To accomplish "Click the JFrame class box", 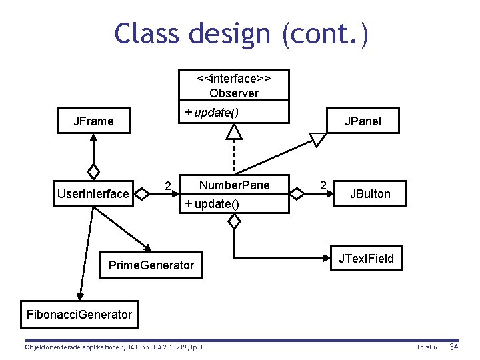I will coord(94,121).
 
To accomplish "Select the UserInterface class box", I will coord(93,194).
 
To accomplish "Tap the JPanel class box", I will coord(362,121).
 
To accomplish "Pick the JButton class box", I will coord(370,194).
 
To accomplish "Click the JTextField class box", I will coord(366,259).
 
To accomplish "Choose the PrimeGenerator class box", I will coord(151,265).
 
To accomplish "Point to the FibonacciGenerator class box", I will coord(79,314).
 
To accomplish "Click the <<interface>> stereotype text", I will coord(233,78).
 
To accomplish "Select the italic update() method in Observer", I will coord(212,111).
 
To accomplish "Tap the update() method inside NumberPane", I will coord(212,203).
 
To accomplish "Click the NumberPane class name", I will coord(234,185).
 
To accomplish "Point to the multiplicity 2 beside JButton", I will coord(323,185).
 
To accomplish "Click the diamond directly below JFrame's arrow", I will coord(94,171).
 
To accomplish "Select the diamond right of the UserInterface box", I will coord(141,194).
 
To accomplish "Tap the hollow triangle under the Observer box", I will coord(234,132).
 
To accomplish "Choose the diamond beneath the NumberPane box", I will coord(234,221).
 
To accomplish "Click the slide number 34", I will coord(454,347).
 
